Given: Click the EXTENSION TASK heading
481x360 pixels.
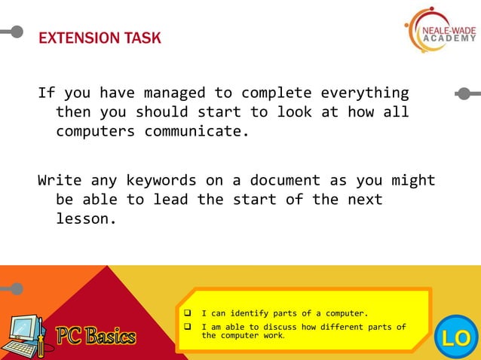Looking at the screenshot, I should (x=100, y=38).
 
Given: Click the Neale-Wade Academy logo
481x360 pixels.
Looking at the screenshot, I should (x=440, y=32).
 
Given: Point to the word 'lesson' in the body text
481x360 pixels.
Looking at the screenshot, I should (x=82, y=219).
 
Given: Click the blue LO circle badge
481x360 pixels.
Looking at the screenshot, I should (x=456, y=337).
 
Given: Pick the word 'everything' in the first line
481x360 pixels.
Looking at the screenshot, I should (x=365, y=93).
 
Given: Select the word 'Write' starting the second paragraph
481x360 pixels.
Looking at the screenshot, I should (x=60, y=181).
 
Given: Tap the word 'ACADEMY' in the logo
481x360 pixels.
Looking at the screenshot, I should (x=449, y=38).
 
